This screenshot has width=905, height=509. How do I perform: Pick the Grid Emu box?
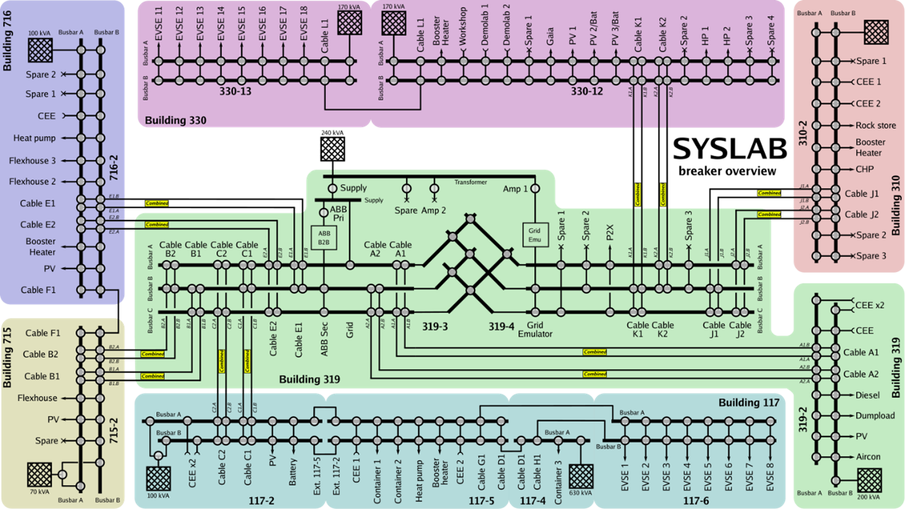(535, 234)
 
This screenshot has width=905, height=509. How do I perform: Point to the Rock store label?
(875, 125)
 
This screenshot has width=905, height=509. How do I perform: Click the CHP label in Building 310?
(865, 169)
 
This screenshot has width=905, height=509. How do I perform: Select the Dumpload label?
(875, 416)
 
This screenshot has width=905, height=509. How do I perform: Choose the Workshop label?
(463, 28)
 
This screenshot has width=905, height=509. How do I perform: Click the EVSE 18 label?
(304, 25)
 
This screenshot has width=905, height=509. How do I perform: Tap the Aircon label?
(868, 456)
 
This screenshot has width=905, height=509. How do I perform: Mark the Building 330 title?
(175, 120)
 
